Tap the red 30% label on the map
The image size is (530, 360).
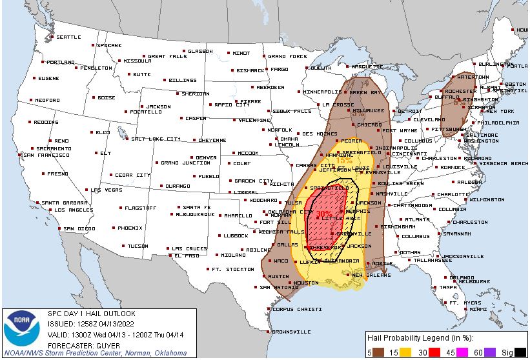click(324, 214)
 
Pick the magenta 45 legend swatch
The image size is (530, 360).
click(461, 352)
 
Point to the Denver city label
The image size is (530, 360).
click(206, 157)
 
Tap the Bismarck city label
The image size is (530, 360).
click(250, 70)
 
